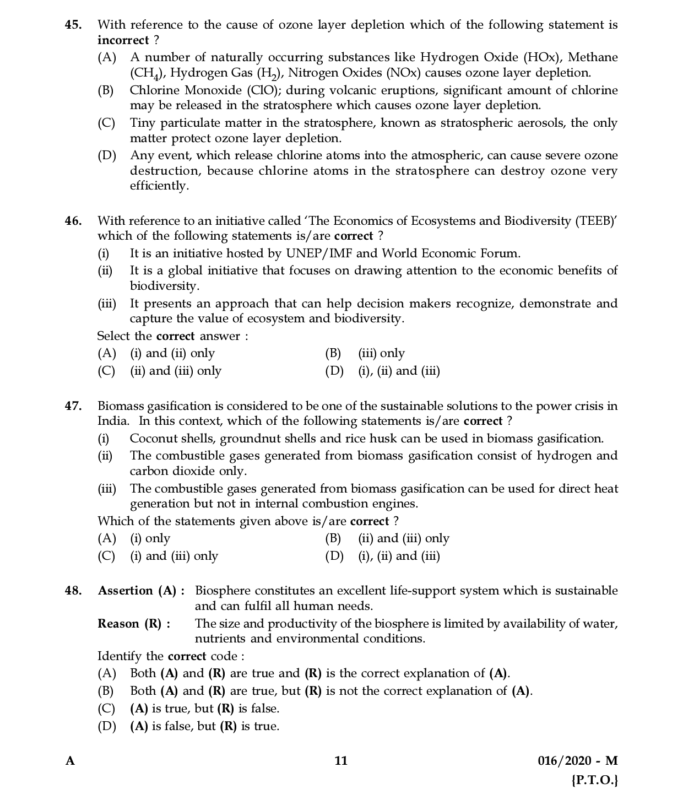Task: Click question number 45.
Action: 73,25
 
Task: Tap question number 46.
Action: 73,221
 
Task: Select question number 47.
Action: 73,406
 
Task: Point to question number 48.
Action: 73,591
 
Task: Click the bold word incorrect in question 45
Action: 123,40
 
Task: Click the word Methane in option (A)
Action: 593,57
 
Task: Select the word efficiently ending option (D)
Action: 159,186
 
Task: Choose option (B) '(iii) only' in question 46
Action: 381,353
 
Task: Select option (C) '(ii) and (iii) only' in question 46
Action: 175,371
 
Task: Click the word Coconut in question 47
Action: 151,439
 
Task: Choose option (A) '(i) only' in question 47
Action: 150,538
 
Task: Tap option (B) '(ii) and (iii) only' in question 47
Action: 403,538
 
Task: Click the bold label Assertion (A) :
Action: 141,591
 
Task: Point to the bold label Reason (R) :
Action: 134,624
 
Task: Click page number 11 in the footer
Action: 341,761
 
